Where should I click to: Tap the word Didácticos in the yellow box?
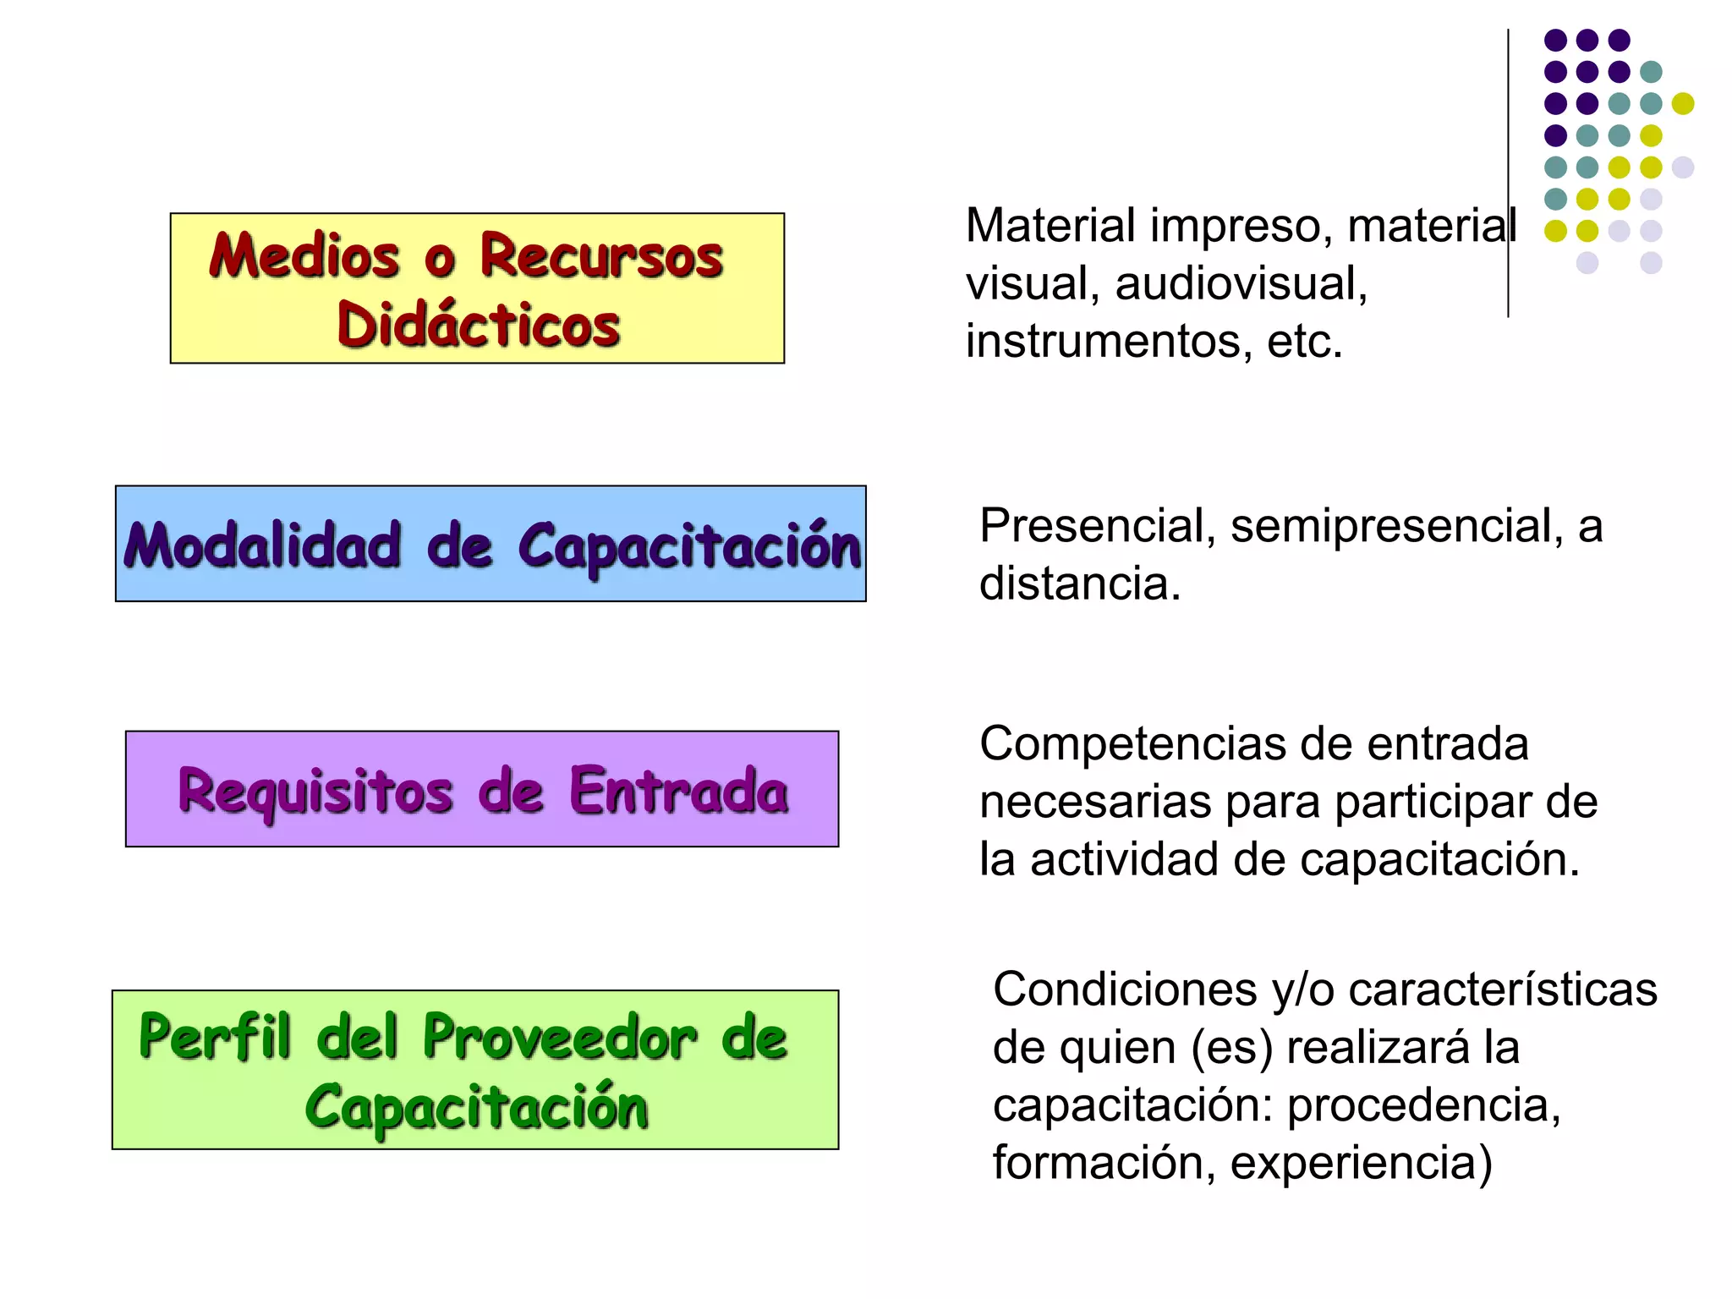pos(479,325)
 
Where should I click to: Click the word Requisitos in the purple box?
pos(315,792)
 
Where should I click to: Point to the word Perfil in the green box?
pos(215,1037)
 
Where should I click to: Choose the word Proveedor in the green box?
pos(560,1037)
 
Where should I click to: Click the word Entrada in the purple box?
pos(679,792)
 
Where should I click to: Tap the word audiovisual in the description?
pos(1240,283)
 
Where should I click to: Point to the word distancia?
pos(1079,584)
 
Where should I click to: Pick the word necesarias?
pos(1095,802)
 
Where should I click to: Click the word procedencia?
pos(1424,1104)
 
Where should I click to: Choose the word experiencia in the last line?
pos(1361,1162)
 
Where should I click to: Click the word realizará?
pos(1378,1047)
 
